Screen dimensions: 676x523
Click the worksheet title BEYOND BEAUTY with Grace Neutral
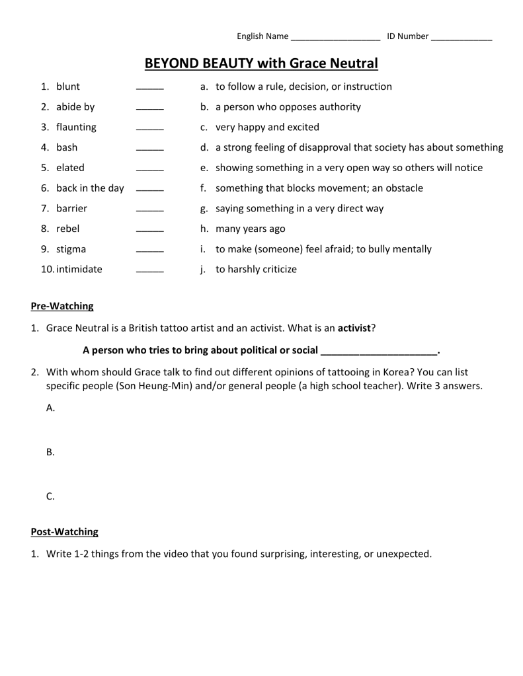click(261, 63)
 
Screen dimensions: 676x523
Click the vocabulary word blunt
click(68, 87)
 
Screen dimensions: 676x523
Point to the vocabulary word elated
click(70, 168)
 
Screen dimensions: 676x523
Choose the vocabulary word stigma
click(71, 249)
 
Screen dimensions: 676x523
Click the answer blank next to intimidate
click(149, 272)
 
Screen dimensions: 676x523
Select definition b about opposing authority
click(288, 107)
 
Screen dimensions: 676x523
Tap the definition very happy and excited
click(267, 127)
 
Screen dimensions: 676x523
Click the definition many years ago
click(250, 229)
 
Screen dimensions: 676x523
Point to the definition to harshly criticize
click(256, 270)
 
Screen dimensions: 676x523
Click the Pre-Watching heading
click(62, 306)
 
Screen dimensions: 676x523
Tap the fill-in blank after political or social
click(379, 351)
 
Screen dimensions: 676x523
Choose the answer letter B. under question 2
click(50, 453)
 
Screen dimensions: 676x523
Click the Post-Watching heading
click(64, 531)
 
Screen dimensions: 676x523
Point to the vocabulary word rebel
click(67, 229)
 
